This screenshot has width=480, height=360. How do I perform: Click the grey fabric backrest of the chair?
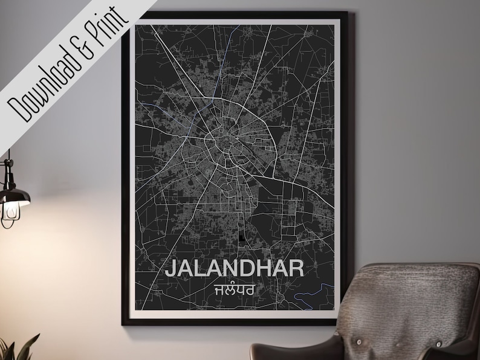[417, 302]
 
